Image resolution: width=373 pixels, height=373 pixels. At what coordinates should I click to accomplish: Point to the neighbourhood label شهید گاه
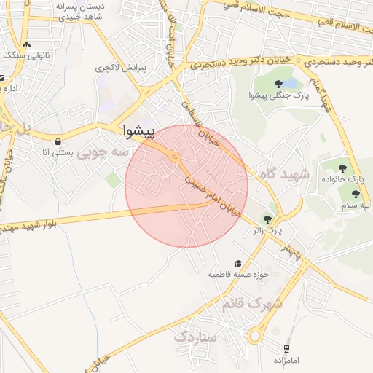pyautogui.click(x=283, y=175)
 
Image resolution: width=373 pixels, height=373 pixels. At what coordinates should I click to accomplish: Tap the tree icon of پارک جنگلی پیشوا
pyautogui.click(x=279, y=84)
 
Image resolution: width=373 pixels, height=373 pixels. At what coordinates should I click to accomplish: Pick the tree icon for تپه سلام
pyautogui.click(x=355, y=194)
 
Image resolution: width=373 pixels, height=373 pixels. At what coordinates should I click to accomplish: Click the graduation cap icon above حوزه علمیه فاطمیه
pyautogui.click(x=237, y=264)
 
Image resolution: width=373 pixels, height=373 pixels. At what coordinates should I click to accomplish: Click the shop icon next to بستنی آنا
pyautogui.click(x=57, y=141)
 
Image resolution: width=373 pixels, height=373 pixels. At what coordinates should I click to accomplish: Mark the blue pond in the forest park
pyautogui.click(x=286, y=74)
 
